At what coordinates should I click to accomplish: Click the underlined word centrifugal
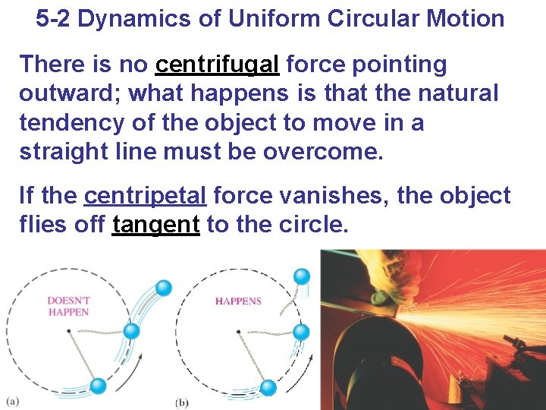(x=217, y=66)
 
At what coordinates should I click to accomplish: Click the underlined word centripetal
(x=145, y=197)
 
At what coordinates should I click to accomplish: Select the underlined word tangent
(x=155, y=225)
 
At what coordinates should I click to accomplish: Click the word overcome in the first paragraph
(x=323, y=151)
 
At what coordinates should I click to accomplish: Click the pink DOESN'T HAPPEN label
(x=67, y=306)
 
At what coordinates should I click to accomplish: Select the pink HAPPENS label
(x=238, y=301)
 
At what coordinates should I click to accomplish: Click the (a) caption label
(x=13, y=400)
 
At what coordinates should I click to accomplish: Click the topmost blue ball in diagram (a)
(x=163, y=288)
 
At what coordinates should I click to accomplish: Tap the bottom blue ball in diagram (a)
(x=98, y=385)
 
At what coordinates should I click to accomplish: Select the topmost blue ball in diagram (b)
(x=302, y=276)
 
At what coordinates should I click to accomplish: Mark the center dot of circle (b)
(x=238, y=331)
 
